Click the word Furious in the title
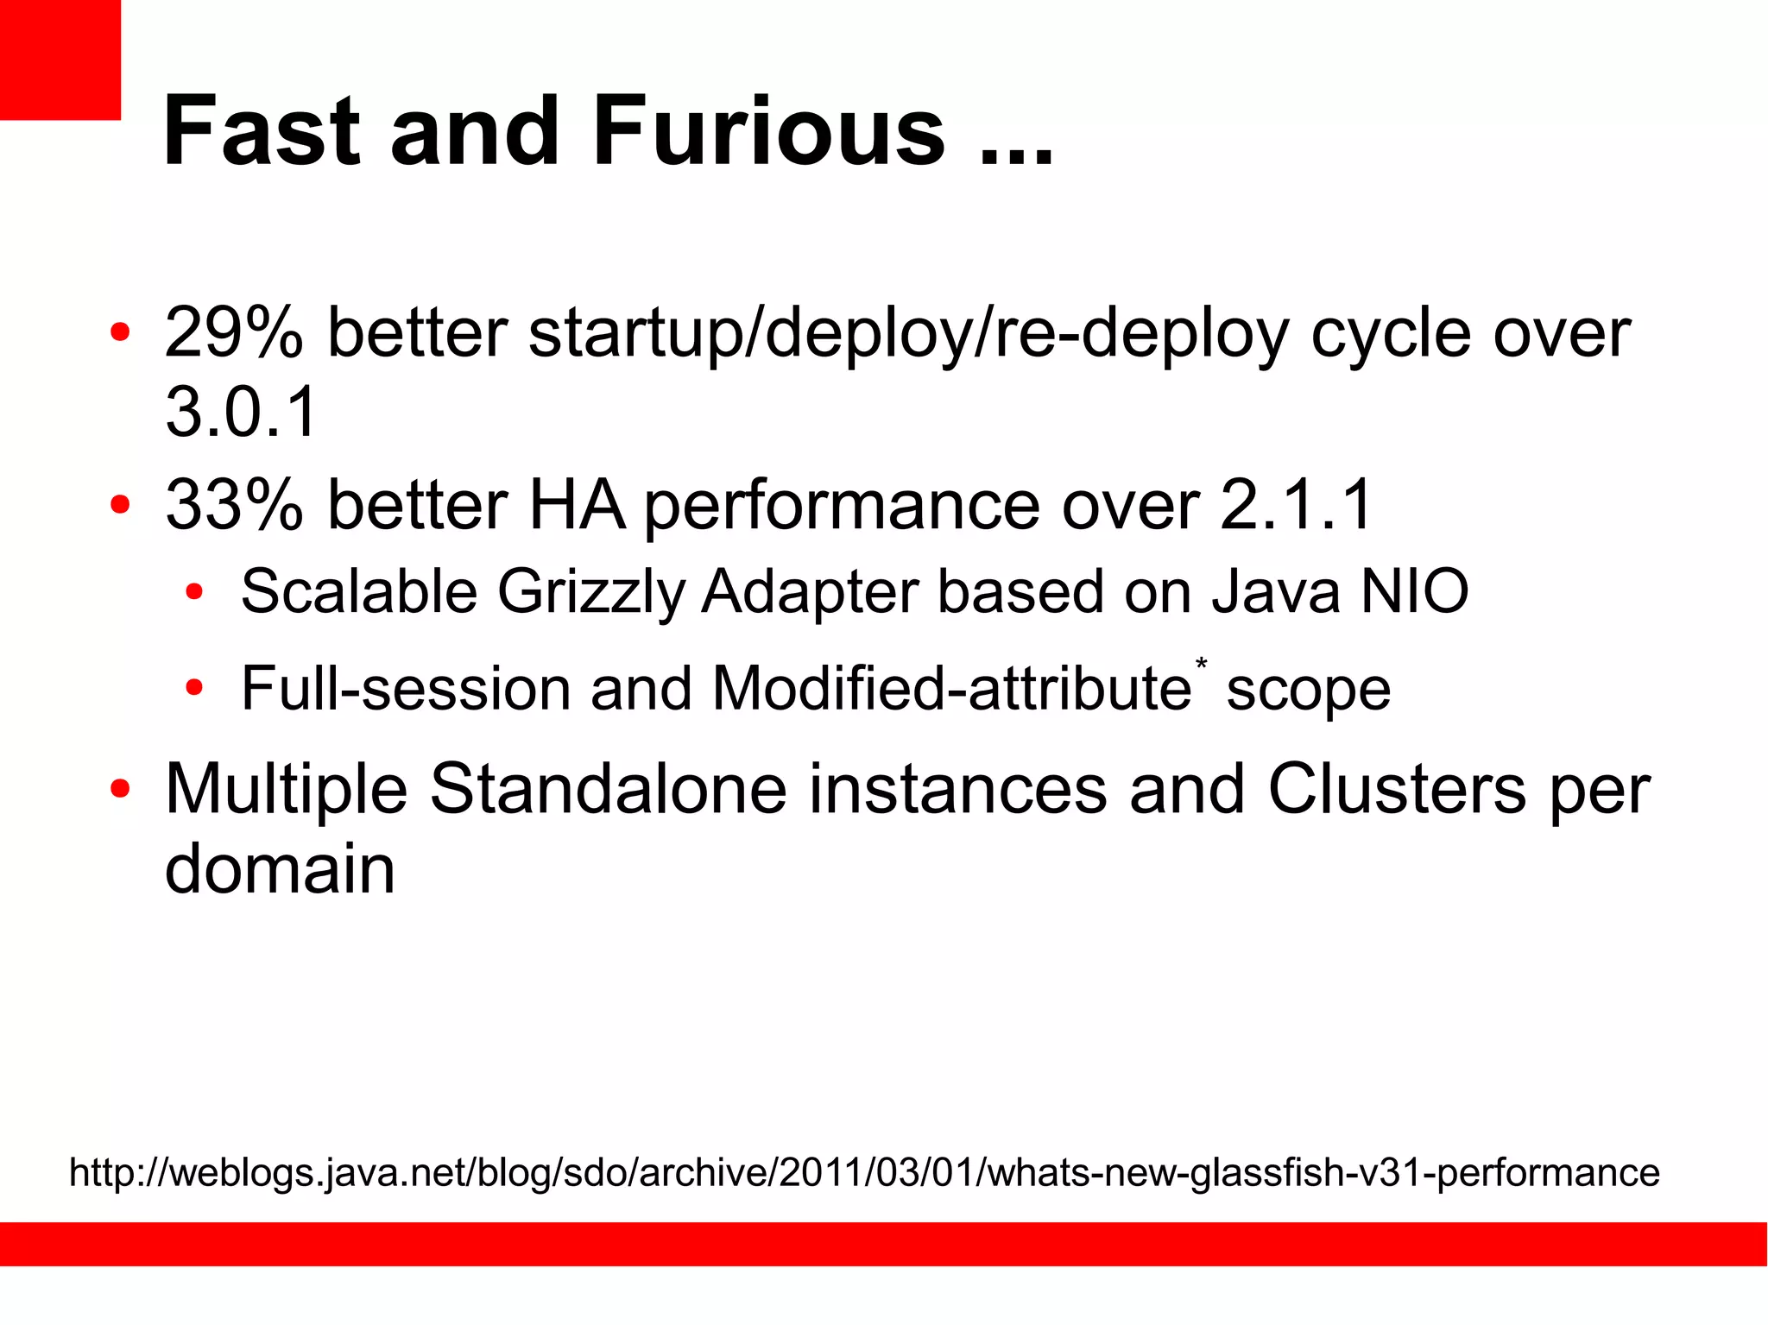click(769, 131)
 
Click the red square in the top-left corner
click(60, 59)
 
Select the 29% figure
click(234, 332)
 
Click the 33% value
click(234, 504)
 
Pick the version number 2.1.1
click(1296, 504)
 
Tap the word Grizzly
click(590, 592)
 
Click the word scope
click(1308, 689)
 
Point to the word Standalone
click(608, 789)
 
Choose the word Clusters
click(1396, 789)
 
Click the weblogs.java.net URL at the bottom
click(864, 1172)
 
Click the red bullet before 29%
click(120, 332)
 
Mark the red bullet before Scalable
click(194, 592)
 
